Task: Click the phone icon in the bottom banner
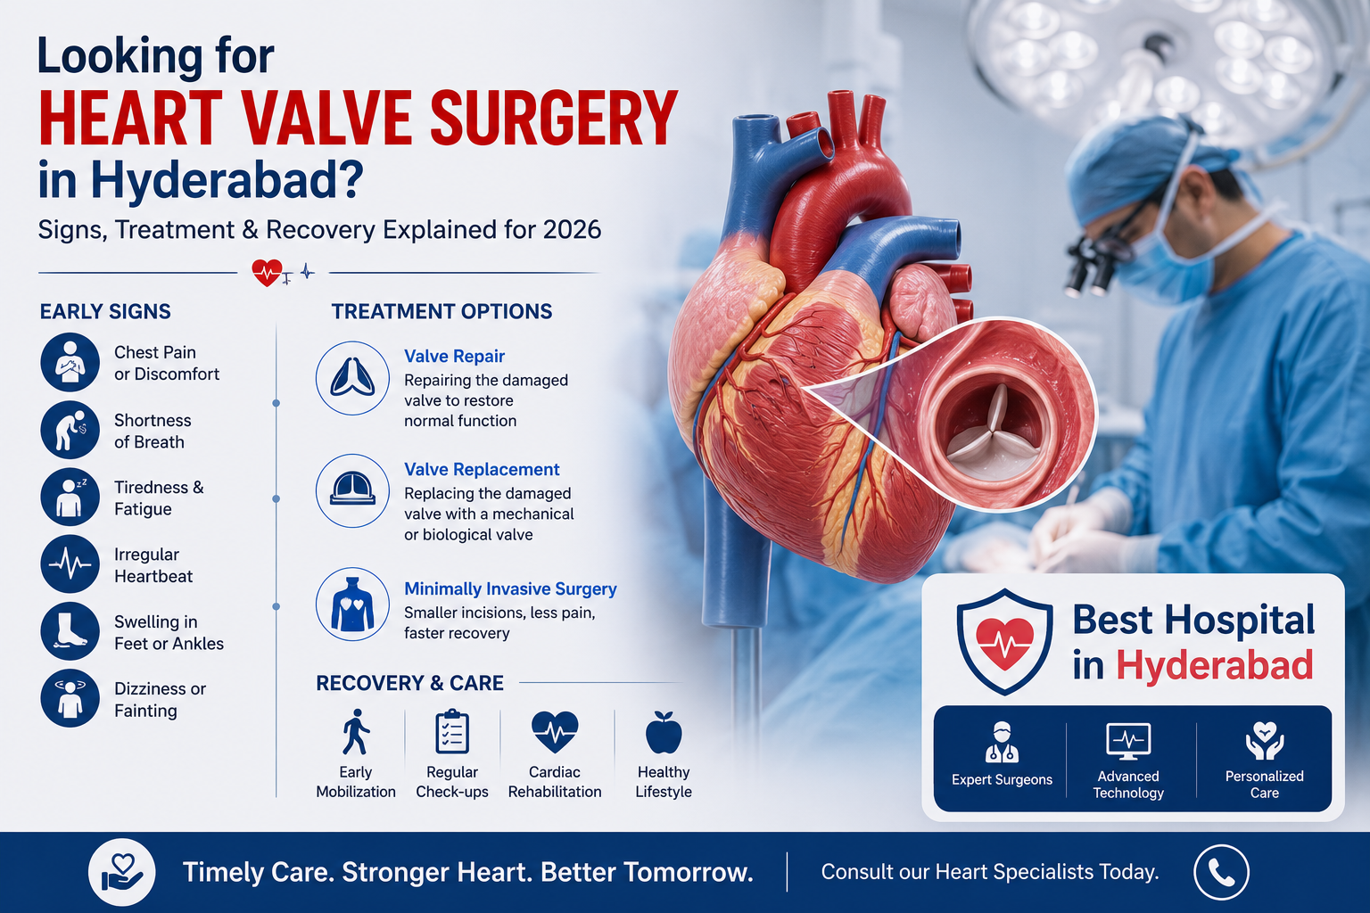(x=1221, y=873)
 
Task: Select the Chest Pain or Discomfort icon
(x=70, y=362)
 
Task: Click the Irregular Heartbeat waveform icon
(x=70, y=563)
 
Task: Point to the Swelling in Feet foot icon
(x=70, y=631)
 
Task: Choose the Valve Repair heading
(x=454, y=356)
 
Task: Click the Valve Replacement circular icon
(x=352, y=490)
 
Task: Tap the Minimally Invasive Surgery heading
(x=510, y=588)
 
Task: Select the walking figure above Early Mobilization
(x=355, y=732)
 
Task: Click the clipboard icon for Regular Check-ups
(x=452, y=731)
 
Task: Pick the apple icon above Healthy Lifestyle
(x=664, y=732)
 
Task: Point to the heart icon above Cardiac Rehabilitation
(x=555, y=731)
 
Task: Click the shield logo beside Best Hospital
(x=1004, y=641)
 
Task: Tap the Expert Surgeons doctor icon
(x=1002, y=742)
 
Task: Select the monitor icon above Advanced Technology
(x=1128, y=741)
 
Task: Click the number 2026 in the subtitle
(x=572, y=230)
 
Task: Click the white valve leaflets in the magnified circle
(x=995, y=433)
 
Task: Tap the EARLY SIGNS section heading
(x=105, y=312)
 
